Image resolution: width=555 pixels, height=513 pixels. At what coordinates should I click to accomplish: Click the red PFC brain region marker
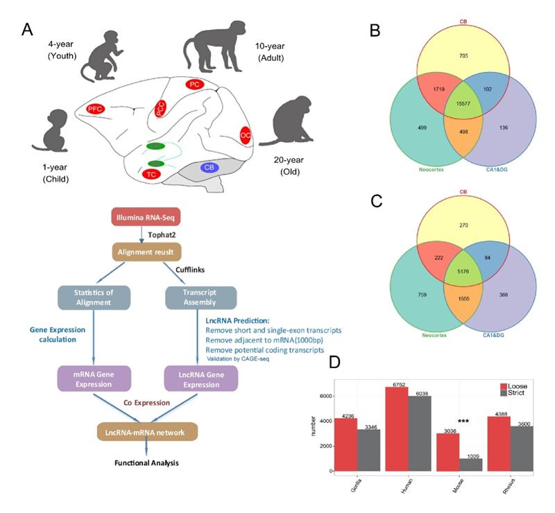pyautogui.click(x=96, y=109)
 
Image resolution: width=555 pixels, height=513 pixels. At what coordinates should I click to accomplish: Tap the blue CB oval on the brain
pyautogui.click(x=209, y=167)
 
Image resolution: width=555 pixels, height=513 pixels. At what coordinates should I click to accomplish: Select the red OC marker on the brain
pyautogui.click(x=245, y=134)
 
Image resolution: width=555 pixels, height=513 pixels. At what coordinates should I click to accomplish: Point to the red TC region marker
pyautogui.click(x=151, y=174)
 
